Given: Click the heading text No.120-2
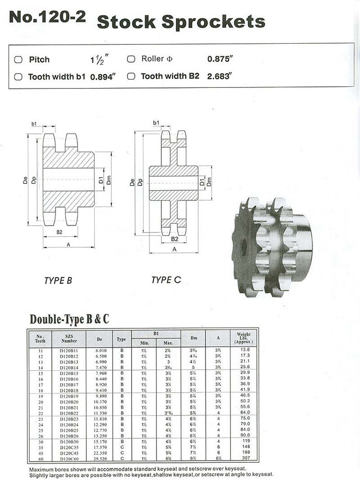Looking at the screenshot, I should (47, 18).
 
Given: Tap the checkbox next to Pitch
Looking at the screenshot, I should (18, 60).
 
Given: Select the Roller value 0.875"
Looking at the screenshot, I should (220, 60).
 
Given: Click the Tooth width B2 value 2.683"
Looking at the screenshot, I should (218, 76).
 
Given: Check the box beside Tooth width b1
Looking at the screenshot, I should (18, 76).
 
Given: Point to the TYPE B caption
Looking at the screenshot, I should (58, 280).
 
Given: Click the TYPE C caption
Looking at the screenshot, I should (166, 279).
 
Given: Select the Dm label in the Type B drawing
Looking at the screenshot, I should (109, 181).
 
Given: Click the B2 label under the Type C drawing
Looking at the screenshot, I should (175, 239).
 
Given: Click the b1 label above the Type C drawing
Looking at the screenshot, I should (156, 124).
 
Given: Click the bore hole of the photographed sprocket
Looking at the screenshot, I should (244, 247).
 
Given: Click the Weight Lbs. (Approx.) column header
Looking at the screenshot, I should (244, 338).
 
